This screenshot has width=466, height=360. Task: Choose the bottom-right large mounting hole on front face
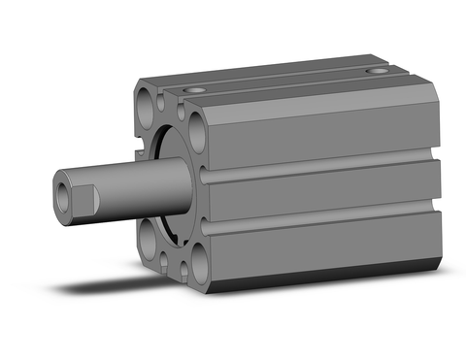[205, 259]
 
